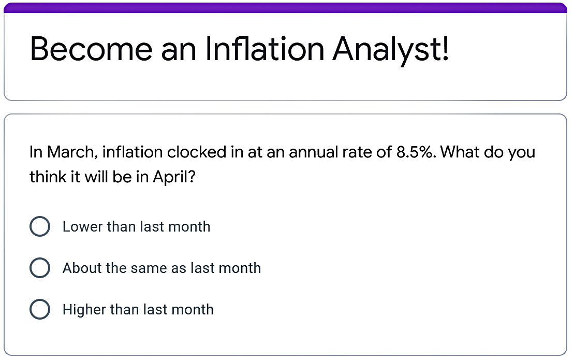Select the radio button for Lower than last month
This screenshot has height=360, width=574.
click(x=40, y=227)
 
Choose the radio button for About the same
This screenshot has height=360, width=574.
click(x=40, y=268)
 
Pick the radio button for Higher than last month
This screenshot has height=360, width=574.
click(x=40, y=310)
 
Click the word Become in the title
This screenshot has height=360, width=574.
click(x=91, y=49)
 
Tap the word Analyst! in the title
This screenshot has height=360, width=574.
click(x=391, y=49)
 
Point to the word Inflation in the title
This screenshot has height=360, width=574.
click(x=264, y=49)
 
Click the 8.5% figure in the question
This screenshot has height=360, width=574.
click(x=417, y=152)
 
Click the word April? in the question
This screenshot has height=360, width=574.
click(x=174, y=177)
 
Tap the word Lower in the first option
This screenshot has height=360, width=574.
click(x=82, y=227)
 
